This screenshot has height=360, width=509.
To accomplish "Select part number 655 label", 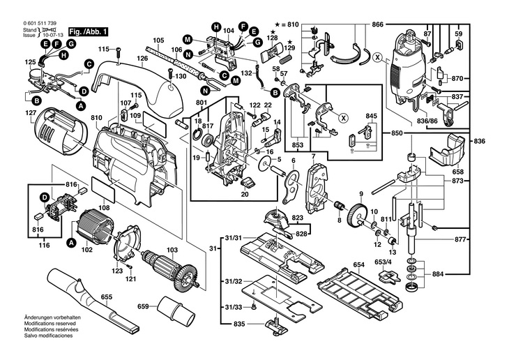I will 105,297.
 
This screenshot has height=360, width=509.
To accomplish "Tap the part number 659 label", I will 142,306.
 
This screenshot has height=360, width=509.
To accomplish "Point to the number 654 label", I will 358,265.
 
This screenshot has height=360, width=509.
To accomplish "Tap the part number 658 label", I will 457,171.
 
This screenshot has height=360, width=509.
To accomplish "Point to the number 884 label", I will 458,273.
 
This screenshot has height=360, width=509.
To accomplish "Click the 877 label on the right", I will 458,240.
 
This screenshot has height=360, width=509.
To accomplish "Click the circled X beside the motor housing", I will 377,58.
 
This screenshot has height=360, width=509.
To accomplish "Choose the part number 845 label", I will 371,117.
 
